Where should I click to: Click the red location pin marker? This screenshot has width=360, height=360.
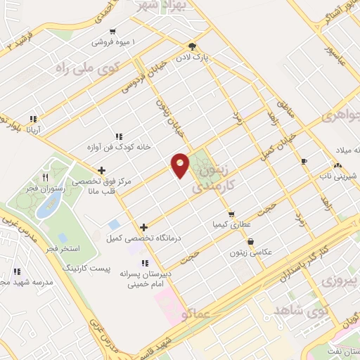tap(180, 165)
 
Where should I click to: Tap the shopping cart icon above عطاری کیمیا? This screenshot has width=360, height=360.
tap(231, 214)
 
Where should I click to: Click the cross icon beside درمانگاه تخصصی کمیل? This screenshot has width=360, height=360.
tap(143, 227)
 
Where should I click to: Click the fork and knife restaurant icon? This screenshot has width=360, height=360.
tap(46, 178)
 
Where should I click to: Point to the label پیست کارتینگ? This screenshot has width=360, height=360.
tap(84, 269)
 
